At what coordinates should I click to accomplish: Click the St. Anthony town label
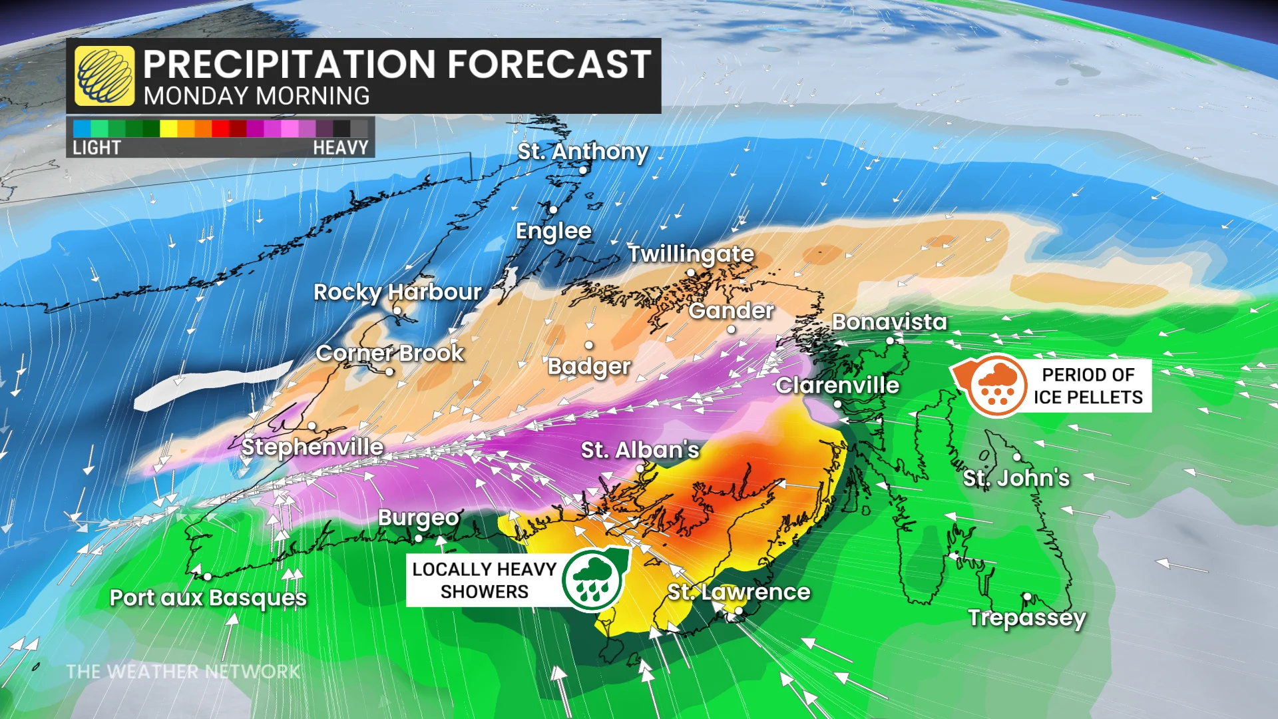(582, 152)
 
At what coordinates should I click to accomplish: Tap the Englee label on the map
(553, 231)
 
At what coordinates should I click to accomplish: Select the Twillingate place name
(691, 254)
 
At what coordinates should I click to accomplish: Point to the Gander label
(731, 310)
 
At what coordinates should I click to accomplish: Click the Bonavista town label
(889, 322)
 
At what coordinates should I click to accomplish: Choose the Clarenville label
(837, 385)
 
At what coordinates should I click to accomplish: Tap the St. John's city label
(1016, 478)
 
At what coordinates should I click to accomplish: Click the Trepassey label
(1027, 618)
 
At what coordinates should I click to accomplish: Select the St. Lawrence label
(739, 592)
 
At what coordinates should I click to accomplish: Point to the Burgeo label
(419, 517)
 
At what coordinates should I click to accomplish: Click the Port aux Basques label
(208, 598)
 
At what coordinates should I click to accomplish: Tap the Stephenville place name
(312, 447)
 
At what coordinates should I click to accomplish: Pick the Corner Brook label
(389, 353)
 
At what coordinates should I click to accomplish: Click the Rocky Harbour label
(397, 292)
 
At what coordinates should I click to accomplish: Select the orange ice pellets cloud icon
(996, 385)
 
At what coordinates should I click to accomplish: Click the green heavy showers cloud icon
(592, 579)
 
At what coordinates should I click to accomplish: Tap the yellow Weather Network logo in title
(105, 76)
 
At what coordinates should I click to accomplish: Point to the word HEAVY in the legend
(340, 148)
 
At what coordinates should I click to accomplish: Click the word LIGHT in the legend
(97, 148)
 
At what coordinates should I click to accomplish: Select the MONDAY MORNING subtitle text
(256, 97)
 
